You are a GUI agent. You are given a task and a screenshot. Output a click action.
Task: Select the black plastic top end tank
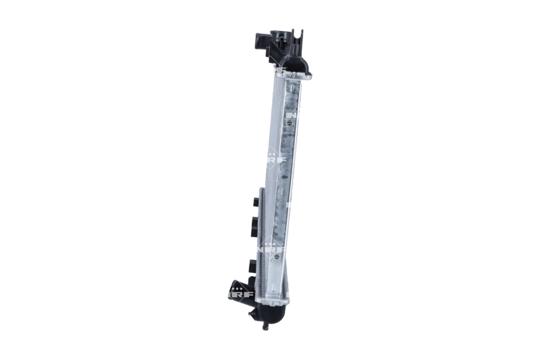292,61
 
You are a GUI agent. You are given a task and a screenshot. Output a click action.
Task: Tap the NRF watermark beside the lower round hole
274,248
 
